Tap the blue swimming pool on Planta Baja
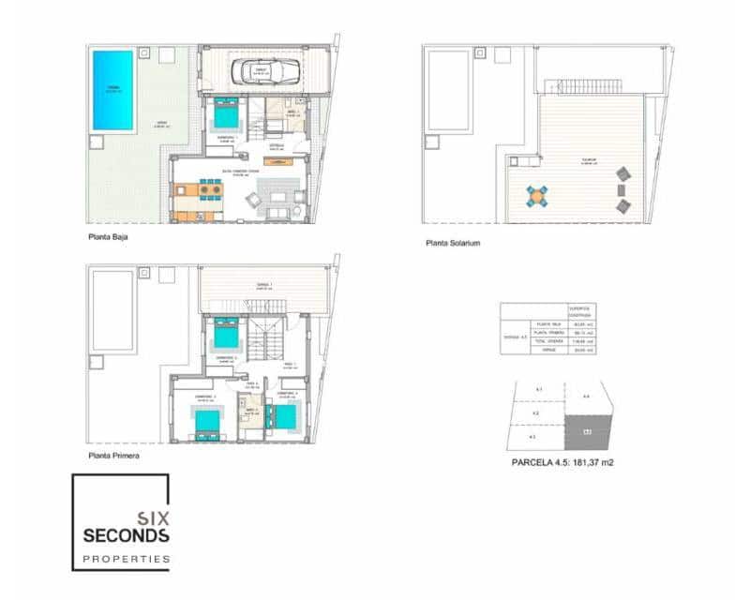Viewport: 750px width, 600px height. pos(112,90)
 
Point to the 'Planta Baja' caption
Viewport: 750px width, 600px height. pos(107,237)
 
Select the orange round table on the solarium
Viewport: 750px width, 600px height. pos(536,195)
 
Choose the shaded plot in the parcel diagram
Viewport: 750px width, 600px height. pos(588,432)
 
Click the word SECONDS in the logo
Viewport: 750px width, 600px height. pos(126,536)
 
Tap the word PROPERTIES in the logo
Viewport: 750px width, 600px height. pos(126,559)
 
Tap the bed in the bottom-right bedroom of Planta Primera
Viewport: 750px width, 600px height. pos(285,415)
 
